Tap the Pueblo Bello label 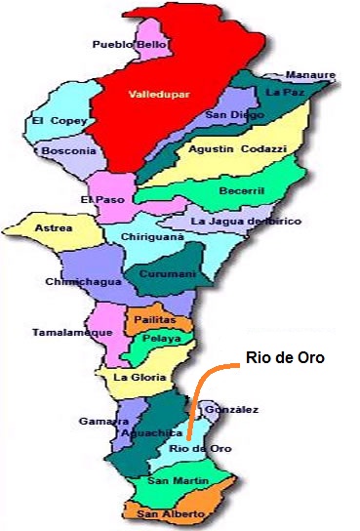coord(130,44)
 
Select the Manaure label coord(311,75)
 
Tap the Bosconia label coord(68,151)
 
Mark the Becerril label coord(244,190)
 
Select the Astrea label coord(53,228)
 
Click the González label coord(233,409)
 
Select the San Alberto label coord(171,513)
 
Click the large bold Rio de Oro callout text coord(285,358)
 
